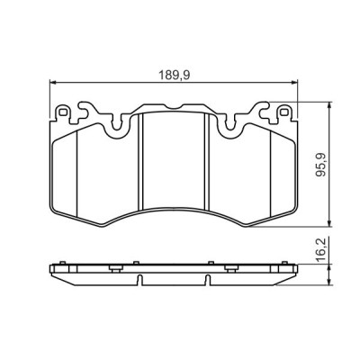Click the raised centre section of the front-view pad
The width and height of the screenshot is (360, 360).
(174, 153)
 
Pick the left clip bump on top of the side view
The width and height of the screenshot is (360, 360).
(135, 263)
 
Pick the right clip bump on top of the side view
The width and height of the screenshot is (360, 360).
(211, 263)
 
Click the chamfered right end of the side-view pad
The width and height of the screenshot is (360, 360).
(294, 274)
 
